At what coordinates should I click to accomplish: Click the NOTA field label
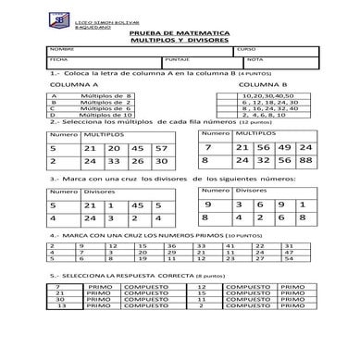[x=254, y=58]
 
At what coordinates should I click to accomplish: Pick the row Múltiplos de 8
[x=107, y=95]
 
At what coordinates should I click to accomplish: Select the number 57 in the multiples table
[x=161, y=148]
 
